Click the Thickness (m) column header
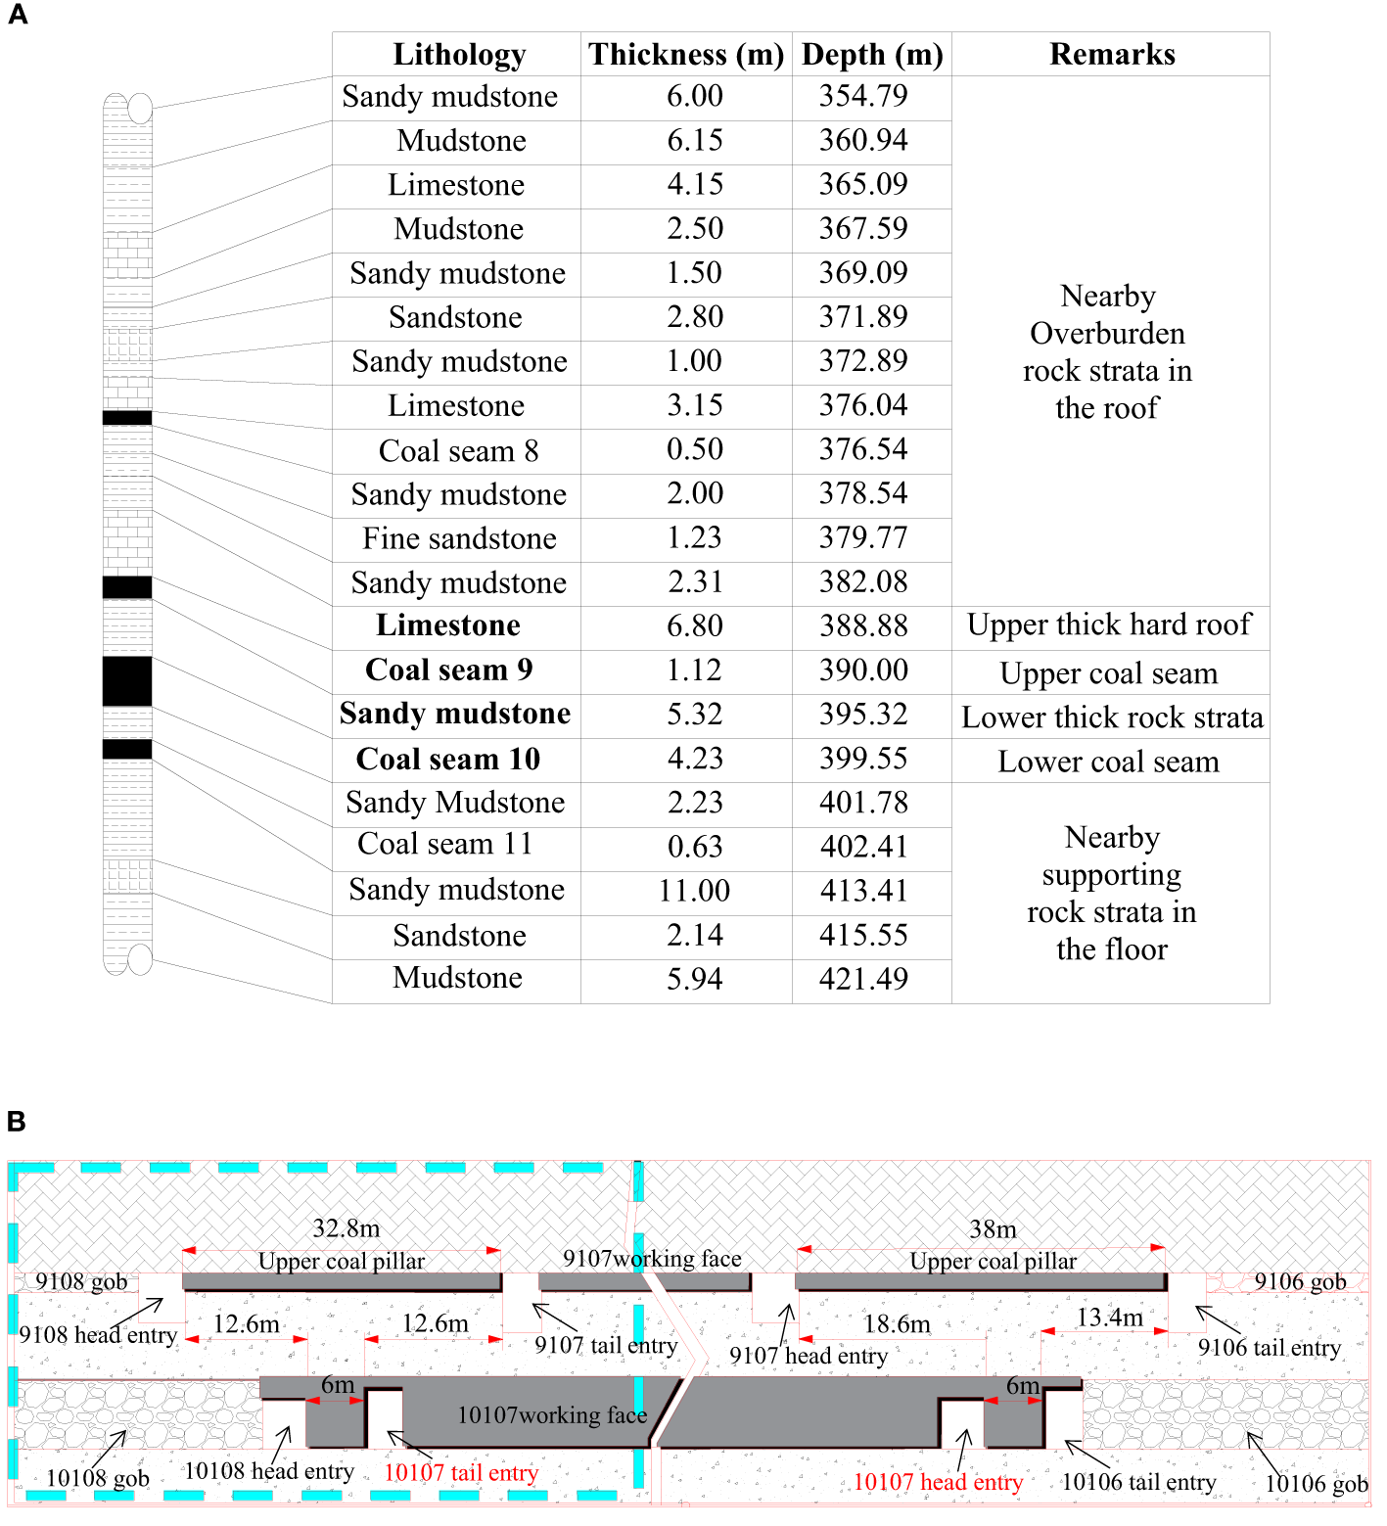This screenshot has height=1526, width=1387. click(686, 55)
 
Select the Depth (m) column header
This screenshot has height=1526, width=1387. click(871, 55)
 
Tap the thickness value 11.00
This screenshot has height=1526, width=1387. click(694, 891)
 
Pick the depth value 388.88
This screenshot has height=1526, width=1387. click(863, 626)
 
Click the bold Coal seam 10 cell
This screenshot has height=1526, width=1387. click(448, 760)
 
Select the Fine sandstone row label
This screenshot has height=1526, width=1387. click(459, 539)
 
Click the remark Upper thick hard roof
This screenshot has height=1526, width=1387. click(1109, 625)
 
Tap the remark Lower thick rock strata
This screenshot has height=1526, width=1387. click(1112, 718)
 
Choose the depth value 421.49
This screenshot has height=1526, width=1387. click(863, 979)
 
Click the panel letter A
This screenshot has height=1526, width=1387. click(18, 16)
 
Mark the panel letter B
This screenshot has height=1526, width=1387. click(17, 1122)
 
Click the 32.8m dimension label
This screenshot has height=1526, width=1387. click(346, 1228)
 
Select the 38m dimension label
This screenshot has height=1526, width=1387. click(993, 1229)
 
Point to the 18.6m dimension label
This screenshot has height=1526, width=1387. click(897, 1324)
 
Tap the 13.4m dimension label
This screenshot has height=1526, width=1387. click(1109, 1318)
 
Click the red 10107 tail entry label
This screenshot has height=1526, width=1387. click(461, 1473)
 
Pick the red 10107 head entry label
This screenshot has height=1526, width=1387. click(938, 1483)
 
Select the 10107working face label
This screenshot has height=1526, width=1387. click(552, 1415)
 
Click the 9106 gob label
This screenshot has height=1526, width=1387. click(1300, 1281)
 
